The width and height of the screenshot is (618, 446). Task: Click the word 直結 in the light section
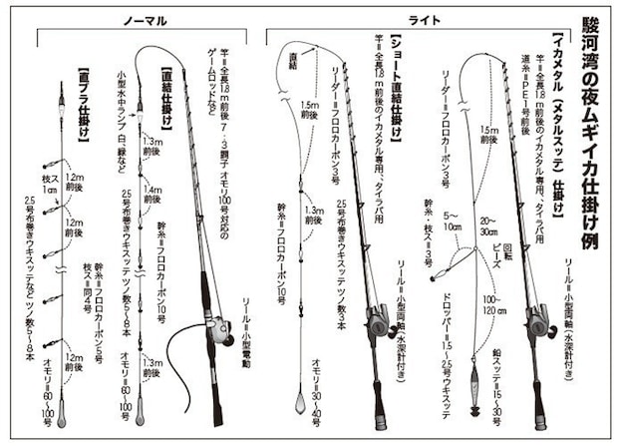click(291, 61)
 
